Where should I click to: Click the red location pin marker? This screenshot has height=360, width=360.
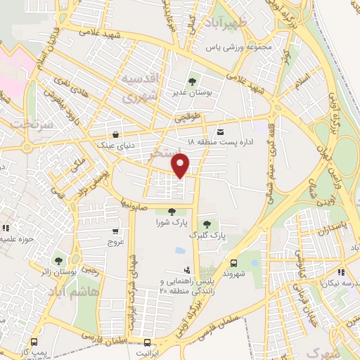(x=181, y=165)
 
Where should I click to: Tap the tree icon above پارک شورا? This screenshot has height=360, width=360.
(x=172, y=212)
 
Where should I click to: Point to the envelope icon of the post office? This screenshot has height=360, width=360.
(x=220, y=131)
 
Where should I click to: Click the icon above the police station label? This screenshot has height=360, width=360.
(x=186, y=269)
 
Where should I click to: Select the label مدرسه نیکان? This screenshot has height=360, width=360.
(x=340, y=283)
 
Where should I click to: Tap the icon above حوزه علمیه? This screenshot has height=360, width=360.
(x=6, y=228)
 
